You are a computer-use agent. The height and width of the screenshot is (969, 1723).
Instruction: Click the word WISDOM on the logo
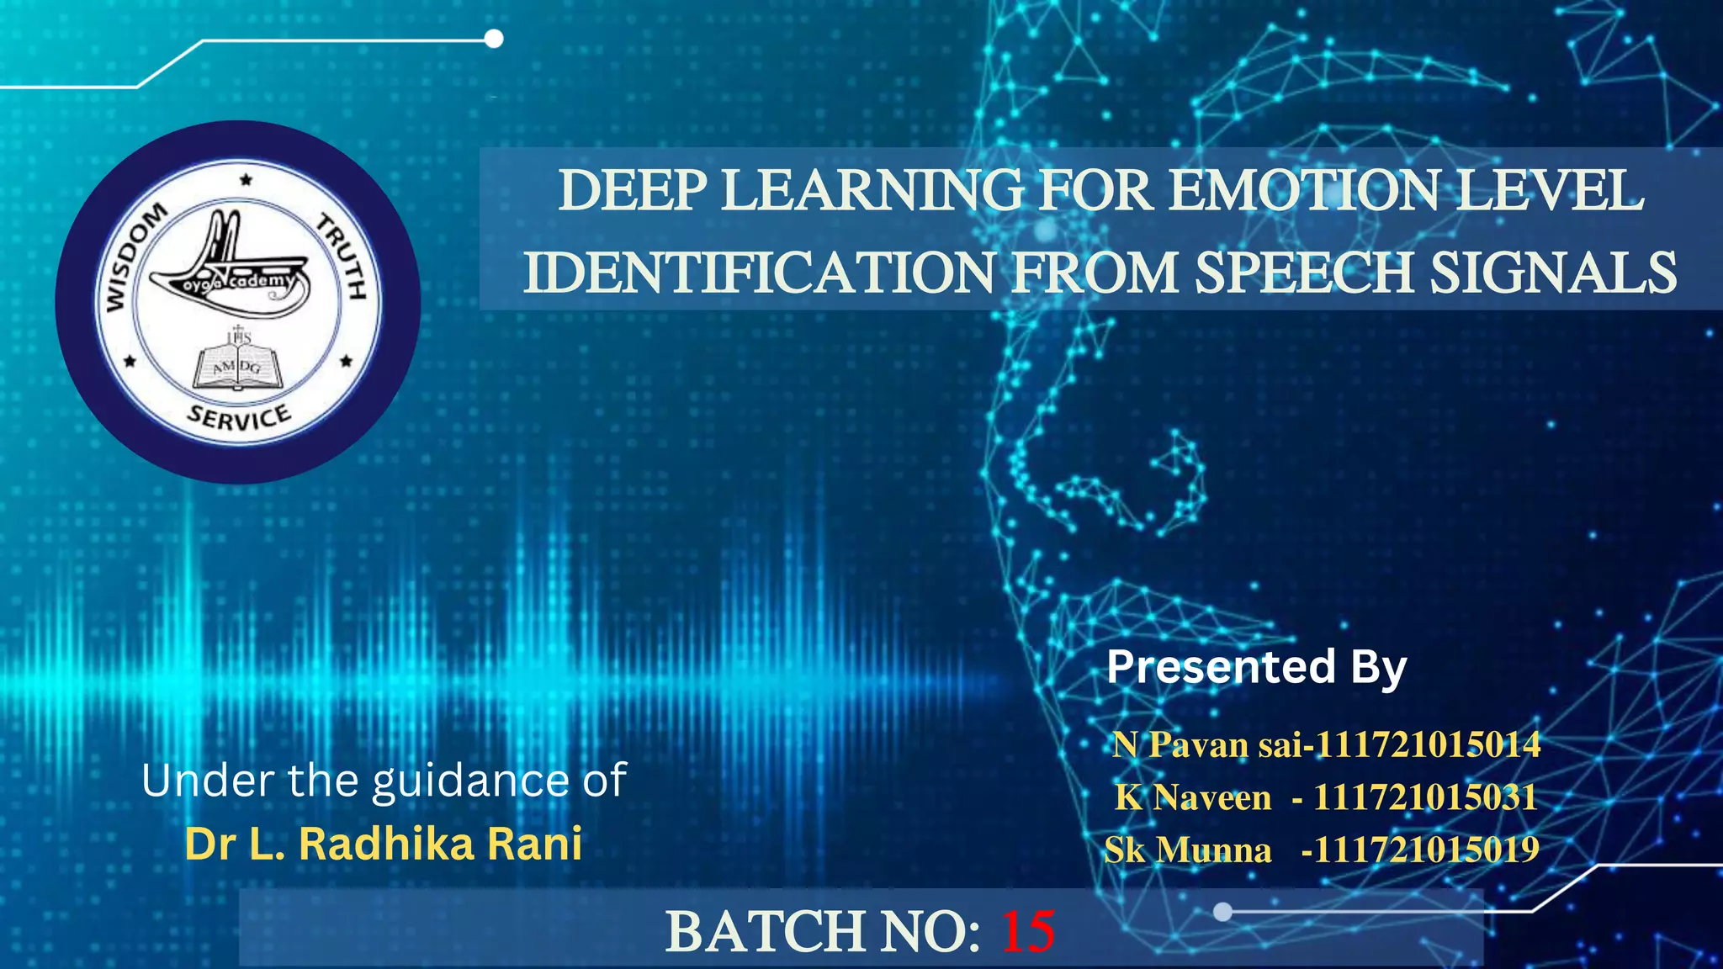pyautogui.click(x=135, y=257)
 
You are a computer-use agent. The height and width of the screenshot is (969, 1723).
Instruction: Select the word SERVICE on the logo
pyautogui.click(x=239, y=417)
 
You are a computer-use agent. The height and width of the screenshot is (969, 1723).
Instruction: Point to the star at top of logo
pyautogui.click(x=246, y=179)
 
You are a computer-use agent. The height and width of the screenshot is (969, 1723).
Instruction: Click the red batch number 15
pyautogui.click(x=1027, y=931)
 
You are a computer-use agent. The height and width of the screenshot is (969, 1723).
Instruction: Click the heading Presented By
pyautogui.click(x=1256, y=667)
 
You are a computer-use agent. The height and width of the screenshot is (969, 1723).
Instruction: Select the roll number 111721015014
pyautogui.click(x=1428, y=744)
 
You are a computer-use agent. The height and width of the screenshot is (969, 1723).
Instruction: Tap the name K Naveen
pyautogui.click(x=1193, y=797)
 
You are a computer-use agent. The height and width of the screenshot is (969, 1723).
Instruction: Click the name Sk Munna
pyautogui.click(x=1188, y=850)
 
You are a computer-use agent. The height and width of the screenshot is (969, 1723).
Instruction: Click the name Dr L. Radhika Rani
pyautogui.click(x=384, y=844)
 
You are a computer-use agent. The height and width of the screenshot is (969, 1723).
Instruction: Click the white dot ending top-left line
pyautogui.click(x=495, y=39)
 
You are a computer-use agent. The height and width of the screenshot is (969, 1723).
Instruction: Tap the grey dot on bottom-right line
pyautogui.click(x=1223, y=911)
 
